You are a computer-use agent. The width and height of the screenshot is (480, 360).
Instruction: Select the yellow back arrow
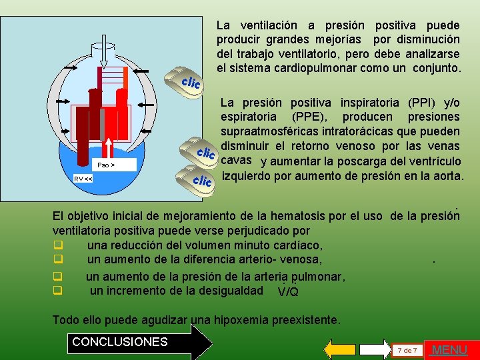click(341, 349)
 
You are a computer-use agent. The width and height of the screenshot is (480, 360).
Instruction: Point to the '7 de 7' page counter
click(406, 350)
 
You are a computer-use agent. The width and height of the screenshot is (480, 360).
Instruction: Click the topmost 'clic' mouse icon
click(188, 81)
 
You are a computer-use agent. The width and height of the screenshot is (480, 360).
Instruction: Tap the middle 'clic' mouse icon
click(203, 151)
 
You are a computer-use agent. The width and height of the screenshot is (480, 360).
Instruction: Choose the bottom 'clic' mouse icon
click(199, 179)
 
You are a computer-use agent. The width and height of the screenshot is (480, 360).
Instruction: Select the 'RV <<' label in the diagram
click(83, 179)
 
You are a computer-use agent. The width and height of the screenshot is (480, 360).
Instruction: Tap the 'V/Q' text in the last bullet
click(288, 291)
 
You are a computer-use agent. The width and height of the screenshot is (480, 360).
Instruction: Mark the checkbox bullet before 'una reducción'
click(58, 245)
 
